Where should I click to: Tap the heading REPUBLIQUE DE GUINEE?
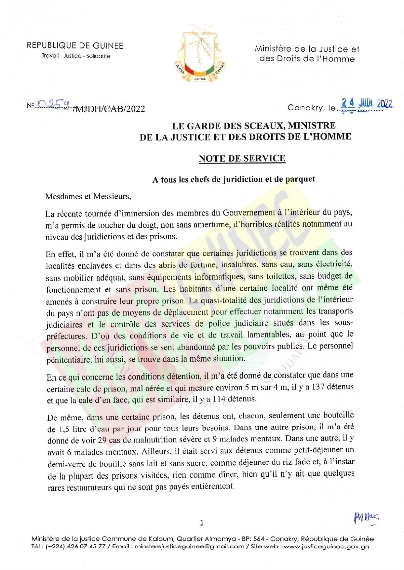tap(75, 46)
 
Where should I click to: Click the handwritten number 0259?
tap(54, 104)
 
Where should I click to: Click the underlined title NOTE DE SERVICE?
tap(242, 158)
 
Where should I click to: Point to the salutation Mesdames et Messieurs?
tap(88, 196)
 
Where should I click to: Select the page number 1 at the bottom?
tap(202, 523)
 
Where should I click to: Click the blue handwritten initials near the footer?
tap(366, 518)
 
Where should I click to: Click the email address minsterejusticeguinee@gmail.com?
tap(189, 546)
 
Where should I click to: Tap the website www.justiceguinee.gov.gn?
tap(326, 546)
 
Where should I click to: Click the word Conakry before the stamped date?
tap(305, 108)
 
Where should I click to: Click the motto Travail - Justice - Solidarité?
tap(76, 56)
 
